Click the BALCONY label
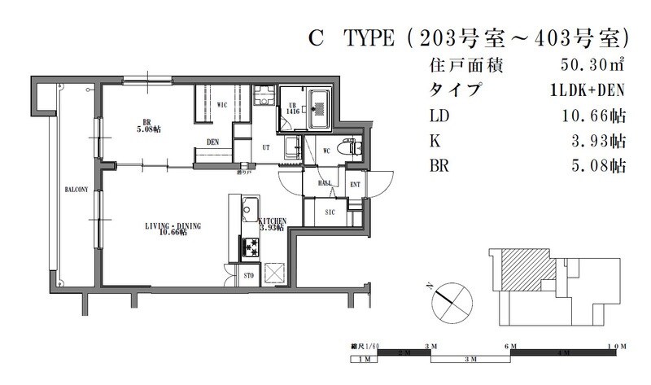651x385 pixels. point(77,190)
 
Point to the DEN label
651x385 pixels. point(213,142)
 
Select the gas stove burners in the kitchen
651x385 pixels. point(247,245)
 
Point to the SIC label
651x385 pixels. point(330,212)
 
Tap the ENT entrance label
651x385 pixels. point(355,186)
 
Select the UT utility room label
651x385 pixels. point(265,147)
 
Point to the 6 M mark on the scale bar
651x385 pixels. point(511,347)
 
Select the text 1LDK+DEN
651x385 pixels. point(588,90)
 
